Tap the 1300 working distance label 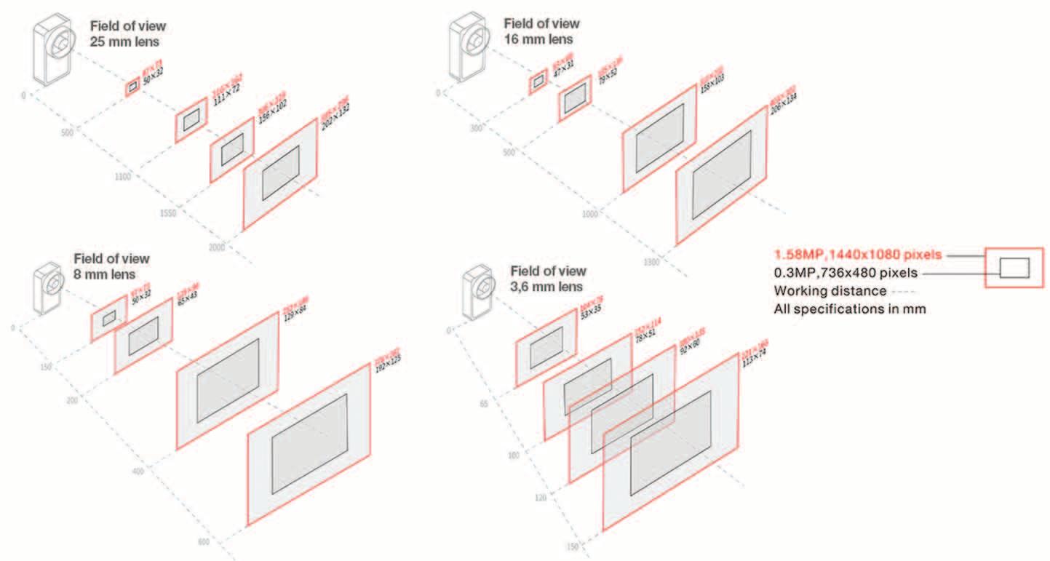651,261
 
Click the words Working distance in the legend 830,291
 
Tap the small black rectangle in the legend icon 1014,268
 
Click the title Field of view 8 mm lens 111,266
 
